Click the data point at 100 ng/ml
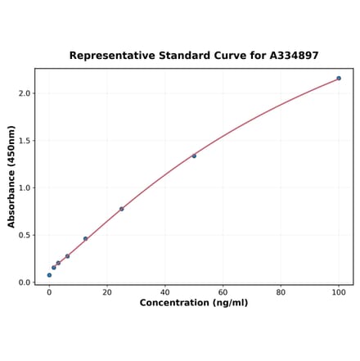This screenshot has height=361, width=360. [x=339, y=79]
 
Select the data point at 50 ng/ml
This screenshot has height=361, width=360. [x=194, y=156]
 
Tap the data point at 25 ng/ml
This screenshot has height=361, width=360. [x=122, y=209]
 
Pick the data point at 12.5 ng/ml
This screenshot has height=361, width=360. [x=85, y=239]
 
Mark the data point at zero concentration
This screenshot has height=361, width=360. [x=49, y=275]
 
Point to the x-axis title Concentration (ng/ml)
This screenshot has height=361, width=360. [x=194, y=303]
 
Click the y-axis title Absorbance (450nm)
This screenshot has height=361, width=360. [x=11, y=176]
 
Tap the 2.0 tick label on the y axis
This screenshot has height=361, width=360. [x=24, y=93]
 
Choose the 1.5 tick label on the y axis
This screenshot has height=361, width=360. [x=24, y=141]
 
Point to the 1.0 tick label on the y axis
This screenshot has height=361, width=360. [x=24, y=188]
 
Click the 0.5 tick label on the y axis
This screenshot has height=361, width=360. [x=24, y=235]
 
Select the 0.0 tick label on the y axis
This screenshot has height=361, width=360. [x=24, y=282]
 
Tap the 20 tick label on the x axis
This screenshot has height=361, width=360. [x=107, y=291]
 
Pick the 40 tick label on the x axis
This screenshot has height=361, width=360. [x=165, y=291]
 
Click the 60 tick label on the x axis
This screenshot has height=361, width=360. [x=223, y=291]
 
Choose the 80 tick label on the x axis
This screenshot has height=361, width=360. [x=281, y=291]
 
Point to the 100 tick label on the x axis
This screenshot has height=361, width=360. [x=339, y=291]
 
